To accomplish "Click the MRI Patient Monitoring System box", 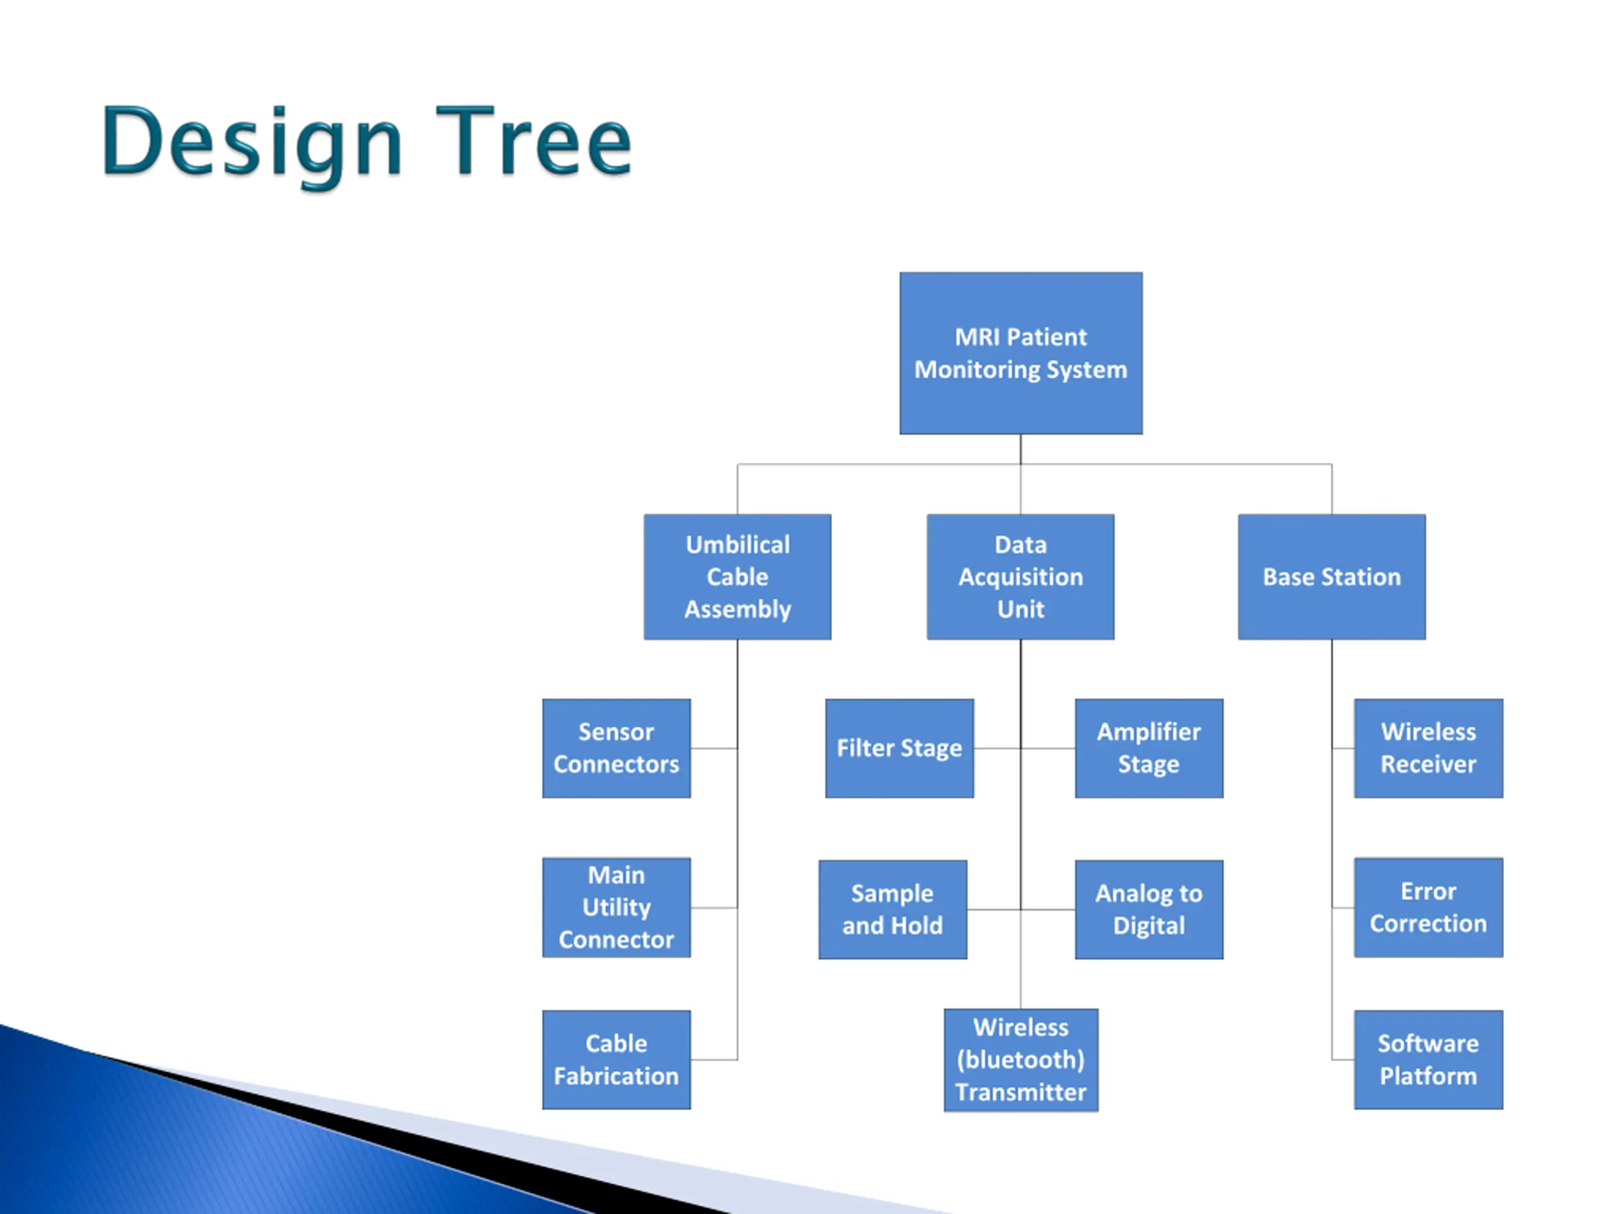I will [1020, 353].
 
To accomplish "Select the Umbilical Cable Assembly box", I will [737, 577].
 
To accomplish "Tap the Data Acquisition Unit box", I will [1020, 577].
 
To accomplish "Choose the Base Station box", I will [1331, 577].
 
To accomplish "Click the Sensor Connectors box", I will [615, 748].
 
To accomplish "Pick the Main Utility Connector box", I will [615, 907].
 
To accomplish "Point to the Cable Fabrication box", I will [615, 1060].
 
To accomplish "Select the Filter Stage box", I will [899, 748].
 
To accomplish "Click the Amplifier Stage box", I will [1148, 748].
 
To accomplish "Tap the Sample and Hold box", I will [892, 910].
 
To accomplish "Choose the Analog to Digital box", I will [1148, 910].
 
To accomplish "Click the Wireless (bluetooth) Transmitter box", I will [1020, 1060].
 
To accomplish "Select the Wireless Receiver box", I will [1428, 748].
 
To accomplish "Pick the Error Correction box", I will [1428, 907].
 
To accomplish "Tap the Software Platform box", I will [1428, 1060].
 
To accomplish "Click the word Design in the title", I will [251, 143].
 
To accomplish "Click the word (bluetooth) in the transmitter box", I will [1020, 1060].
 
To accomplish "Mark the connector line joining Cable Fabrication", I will [713, 1060].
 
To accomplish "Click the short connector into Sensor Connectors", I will [713, 749].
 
